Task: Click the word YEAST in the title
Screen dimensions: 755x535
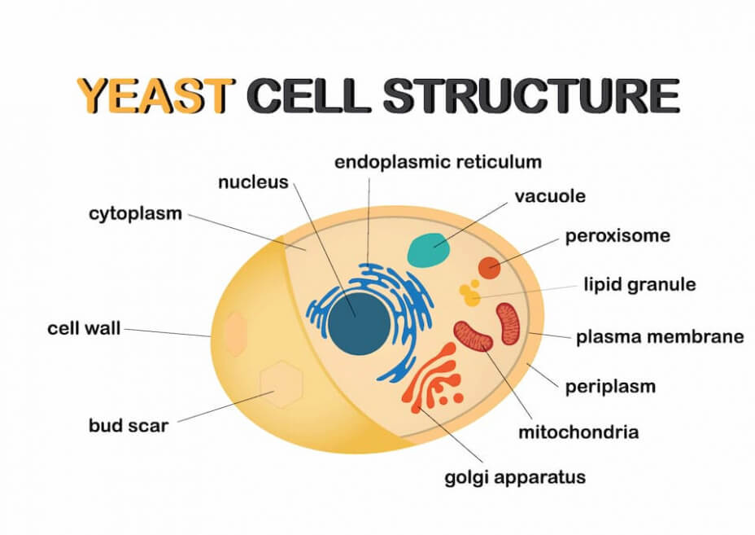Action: (155, 95)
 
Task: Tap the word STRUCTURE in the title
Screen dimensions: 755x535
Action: (530, 95)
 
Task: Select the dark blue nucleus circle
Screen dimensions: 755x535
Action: (360, 323)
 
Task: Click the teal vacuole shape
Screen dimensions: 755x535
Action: (429, 250)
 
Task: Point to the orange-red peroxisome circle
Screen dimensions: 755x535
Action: (489, 267)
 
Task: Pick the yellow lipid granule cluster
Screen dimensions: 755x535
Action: (469, 292)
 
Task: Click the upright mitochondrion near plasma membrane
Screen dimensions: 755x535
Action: (509, 323)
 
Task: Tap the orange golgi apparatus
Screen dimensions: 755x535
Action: (432, 377)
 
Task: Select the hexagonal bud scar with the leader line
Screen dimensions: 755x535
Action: (281, 384)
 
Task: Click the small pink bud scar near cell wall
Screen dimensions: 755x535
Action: (235, 334)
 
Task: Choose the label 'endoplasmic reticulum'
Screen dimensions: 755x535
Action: (438, 162)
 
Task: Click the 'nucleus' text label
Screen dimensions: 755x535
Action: (253, 182)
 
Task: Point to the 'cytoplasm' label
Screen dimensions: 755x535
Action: (135, 213)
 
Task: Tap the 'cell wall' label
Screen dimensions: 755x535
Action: (84, 328)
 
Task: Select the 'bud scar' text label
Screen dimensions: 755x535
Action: (129, 425)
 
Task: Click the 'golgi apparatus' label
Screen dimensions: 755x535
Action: (515, 477)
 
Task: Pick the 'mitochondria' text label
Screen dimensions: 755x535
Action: (578, 432)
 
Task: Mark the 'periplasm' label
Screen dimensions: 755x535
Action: (610, 387)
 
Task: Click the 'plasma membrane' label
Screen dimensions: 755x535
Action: (660, 337)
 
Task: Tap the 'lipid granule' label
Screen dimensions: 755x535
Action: (639, 284)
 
